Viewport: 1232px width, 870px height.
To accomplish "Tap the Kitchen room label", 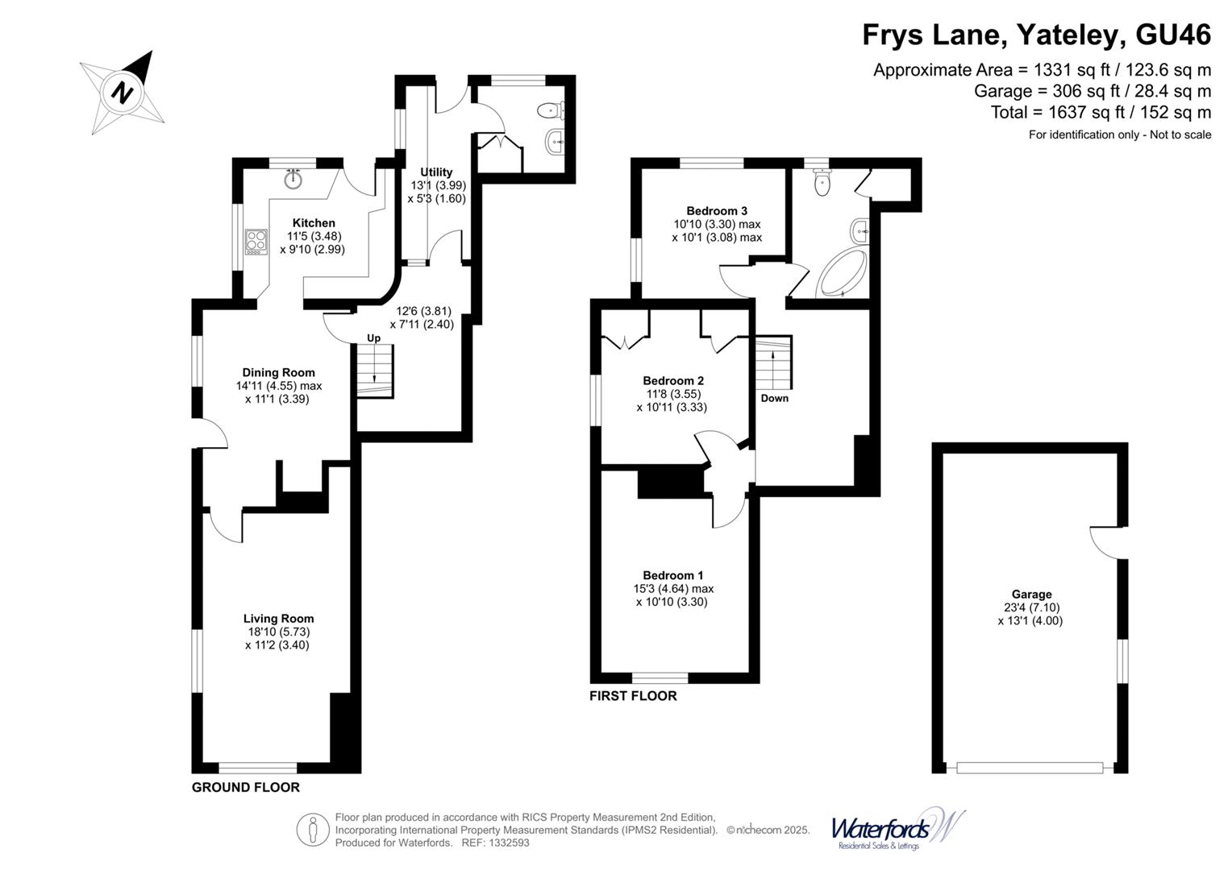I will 314,223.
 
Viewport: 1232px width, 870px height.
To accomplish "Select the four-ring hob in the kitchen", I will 256,242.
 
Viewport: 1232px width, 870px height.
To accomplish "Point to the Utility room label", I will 436,172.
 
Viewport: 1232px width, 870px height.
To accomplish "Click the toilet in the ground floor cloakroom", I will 552,109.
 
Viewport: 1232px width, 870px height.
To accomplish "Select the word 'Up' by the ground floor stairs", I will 373,338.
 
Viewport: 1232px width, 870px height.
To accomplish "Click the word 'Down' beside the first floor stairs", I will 774,398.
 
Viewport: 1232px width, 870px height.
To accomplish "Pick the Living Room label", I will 278,619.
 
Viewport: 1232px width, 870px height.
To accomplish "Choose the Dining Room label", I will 278,372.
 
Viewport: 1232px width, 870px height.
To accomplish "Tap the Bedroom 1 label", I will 673,575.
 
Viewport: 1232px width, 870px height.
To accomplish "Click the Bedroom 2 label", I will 673,380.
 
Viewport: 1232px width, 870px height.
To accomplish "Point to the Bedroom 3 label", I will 717,211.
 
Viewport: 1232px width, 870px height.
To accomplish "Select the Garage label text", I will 1031,594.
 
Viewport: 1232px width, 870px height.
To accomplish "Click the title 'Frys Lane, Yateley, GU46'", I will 1036,35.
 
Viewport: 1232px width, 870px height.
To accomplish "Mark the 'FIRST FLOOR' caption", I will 633,696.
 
